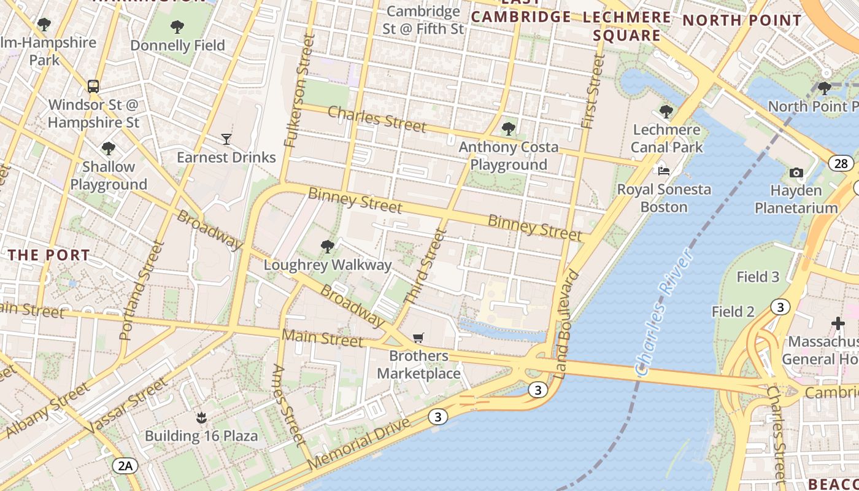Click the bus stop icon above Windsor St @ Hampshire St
click(x=93, y=86)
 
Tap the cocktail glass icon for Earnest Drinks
click(x=226, y=139)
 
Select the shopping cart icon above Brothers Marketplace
click(x=418, y=338)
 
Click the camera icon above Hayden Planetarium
click(x=796, y=172)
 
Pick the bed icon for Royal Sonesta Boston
click(x=664, y=171)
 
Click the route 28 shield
click(x=841, y=163)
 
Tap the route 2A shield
click(x=125, y=466)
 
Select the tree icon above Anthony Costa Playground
click(x=508, y=128)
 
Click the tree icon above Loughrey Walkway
click(x=328, y=247)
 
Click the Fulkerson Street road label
click(x=299, y=91)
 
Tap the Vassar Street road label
click(x=127, y=406)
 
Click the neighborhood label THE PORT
click(x=49, y=255)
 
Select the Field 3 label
click(x=758, y=277)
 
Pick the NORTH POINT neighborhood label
click(x=742, y=20)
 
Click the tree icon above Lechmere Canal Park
click(x=666, y=112)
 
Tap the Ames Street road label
click(x=288, y=404)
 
